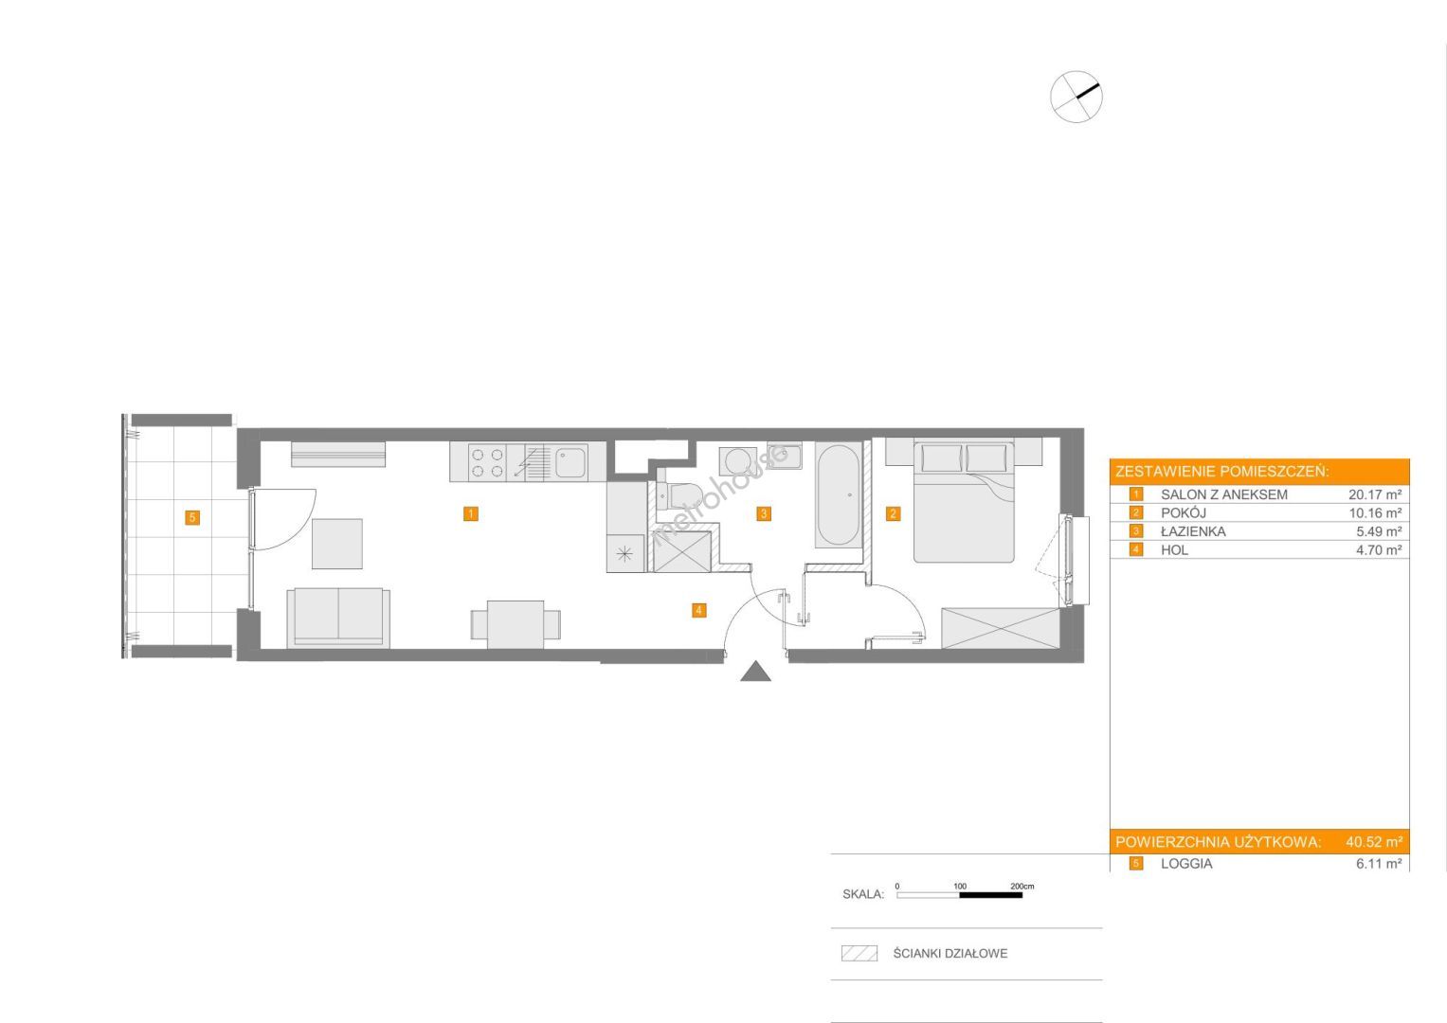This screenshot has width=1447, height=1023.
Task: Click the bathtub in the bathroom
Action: pos(839,494)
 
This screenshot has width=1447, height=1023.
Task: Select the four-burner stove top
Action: pos(487,462)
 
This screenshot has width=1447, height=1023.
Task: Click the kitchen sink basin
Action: pos(571,462)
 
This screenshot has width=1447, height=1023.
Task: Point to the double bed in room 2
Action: pos(963,500)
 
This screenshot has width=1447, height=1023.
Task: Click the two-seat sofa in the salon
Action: pos(338,617)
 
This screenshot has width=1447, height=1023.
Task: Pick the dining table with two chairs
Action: pos(515,624)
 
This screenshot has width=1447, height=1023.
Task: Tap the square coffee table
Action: pos(337,543)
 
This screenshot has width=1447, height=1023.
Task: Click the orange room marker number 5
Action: pos(191,517)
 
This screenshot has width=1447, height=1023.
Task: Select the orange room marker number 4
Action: pos(698,610)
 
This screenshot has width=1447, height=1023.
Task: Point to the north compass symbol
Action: pos(1076,97)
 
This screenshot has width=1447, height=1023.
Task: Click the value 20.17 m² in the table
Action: pos(1375,494)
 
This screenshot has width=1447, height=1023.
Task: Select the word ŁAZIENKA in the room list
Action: pos(1193,531)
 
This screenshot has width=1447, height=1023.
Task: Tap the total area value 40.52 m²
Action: pos(1374,841)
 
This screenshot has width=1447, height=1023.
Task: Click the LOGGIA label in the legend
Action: pos(1186,864)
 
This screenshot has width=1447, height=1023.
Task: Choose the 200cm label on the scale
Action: pos(1022,886)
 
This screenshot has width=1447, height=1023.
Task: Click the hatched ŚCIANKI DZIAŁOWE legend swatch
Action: pos(859,953)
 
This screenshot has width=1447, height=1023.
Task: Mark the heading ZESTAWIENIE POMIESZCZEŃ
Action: pos(1222,472)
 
